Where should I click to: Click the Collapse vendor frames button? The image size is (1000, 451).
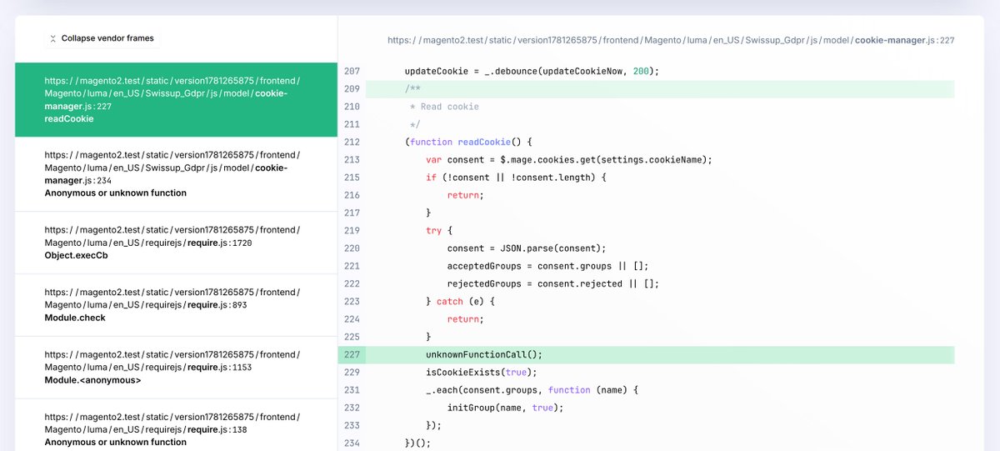pos(102,38)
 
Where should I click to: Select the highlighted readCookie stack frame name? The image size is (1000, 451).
pos(69,118)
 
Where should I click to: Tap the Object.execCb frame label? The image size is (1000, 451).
pos(77,255)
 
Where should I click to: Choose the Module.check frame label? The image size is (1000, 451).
pos(75,318)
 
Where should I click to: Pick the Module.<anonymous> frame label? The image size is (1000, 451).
pos(92,380)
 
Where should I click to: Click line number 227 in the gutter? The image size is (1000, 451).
pos(352,354)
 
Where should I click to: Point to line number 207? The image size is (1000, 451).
pos(352,71)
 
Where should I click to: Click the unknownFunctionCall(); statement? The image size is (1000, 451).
pos(484,354)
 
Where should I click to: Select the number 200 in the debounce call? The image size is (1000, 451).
pos(641,71)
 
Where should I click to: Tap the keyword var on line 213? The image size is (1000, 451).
pos(433,160)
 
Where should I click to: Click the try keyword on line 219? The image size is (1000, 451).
pos(433,231)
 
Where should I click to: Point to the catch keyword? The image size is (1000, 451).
pos(449,302)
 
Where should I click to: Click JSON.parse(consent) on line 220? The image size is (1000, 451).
pos(552,248)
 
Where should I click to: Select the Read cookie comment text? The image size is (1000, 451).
pos(449,107)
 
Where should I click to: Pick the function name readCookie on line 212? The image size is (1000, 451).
pos(484,142)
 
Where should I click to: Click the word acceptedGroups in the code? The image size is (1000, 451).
pos(484,266)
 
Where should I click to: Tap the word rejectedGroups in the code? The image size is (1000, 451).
pos(484,284)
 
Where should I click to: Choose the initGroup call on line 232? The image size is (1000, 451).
pos(505,408)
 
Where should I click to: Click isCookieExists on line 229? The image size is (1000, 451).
pos(463,373)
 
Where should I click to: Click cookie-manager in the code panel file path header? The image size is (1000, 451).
pos(890,40)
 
